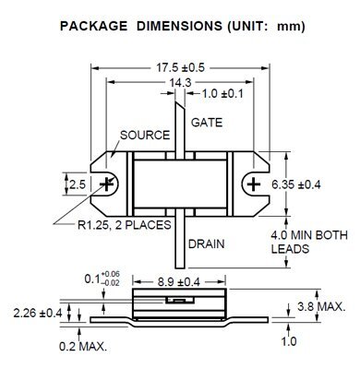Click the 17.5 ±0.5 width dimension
coord(181,67)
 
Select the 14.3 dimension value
coord(181,82)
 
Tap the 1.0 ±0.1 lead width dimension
coord(222,93)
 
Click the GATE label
coord(207,123)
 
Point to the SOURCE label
coord(145,136)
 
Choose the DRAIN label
coord(206,244)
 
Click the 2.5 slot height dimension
coord(78,184)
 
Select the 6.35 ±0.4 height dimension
coord(296,184)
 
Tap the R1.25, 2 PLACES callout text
coord(125,225)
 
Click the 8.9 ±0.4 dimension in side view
coord(179,282)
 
